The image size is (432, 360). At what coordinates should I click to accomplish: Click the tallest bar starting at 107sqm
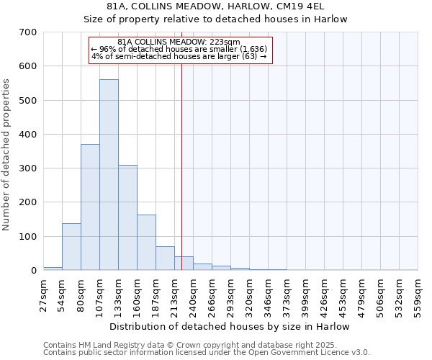[109, 175]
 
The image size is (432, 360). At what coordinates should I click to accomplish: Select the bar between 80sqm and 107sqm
[90, 207]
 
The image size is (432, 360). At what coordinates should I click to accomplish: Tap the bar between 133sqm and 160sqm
[127, 217]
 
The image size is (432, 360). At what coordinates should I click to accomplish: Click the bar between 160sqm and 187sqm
[146, 243]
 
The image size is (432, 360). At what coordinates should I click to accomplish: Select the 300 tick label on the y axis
[28, 168]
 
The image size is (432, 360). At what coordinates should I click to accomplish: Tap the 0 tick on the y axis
[33, 271]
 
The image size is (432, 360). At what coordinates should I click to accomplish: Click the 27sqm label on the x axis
[44, 293]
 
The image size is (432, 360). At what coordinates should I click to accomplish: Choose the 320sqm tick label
[249, 293]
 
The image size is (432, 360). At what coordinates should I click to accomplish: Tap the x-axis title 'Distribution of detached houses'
[230, 326]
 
